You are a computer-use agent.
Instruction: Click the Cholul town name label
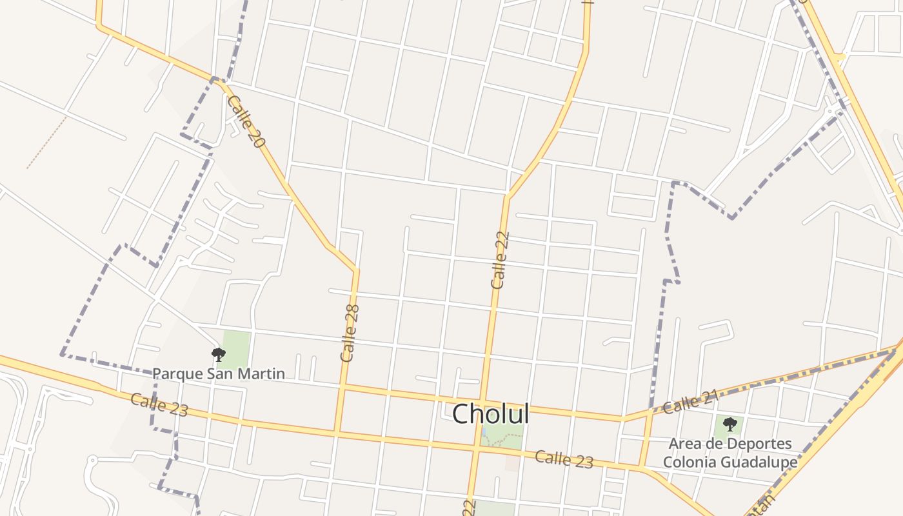coord(490,414)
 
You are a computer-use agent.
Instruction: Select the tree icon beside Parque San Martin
coord(219,353)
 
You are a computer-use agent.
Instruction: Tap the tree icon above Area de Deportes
coord(729,424)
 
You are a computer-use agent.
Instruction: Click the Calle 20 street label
coord(246,122)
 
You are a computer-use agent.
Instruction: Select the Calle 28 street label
coord(350,333)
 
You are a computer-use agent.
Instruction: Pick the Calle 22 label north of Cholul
coord(500,260)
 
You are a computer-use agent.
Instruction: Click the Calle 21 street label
coord(690,404)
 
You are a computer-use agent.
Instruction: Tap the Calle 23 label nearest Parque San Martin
coord(159,404)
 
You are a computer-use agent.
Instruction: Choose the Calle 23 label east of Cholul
coord(564,459)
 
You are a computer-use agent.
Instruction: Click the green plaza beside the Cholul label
coord(502,437)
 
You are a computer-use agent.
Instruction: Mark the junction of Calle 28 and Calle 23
coord(336,432)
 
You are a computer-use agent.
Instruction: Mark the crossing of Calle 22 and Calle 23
coord(478,446)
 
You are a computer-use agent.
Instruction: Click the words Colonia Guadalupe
coord(729,462)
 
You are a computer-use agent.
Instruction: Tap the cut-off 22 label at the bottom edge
coord(469,508)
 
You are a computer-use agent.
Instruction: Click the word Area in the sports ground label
coord(684,444)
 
